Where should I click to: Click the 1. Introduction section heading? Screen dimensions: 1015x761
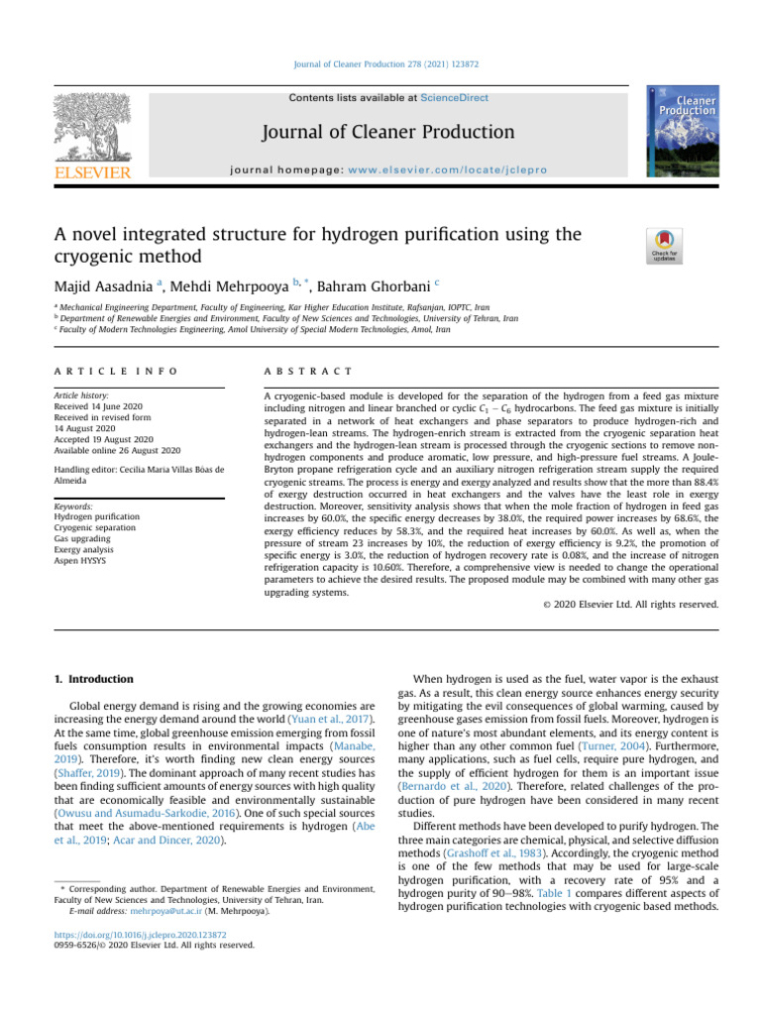92,679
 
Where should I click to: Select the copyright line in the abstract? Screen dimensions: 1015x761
638,604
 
